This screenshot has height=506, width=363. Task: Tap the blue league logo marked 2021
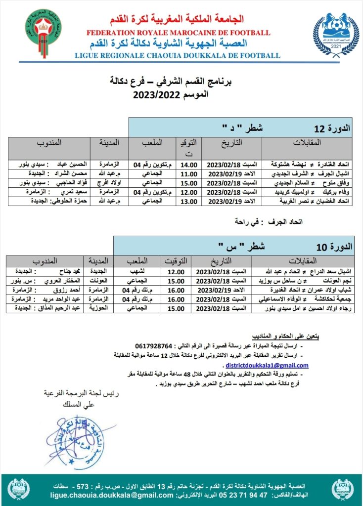(x=332, y=35)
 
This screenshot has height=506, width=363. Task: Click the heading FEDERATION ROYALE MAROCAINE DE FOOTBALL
(x=179, y=33)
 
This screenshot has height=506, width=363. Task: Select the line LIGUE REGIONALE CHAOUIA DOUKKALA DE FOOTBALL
(x=178, y=55)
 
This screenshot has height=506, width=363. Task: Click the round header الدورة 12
(x=332, y=128)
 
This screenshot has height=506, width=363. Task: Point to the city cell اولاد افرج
(x=109, y=183)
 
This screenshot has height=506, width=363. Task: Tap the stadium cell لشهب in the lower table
(x=148, y=272)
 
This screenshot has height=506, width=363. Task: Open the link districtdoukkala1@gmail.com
(x=267, y=366)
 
